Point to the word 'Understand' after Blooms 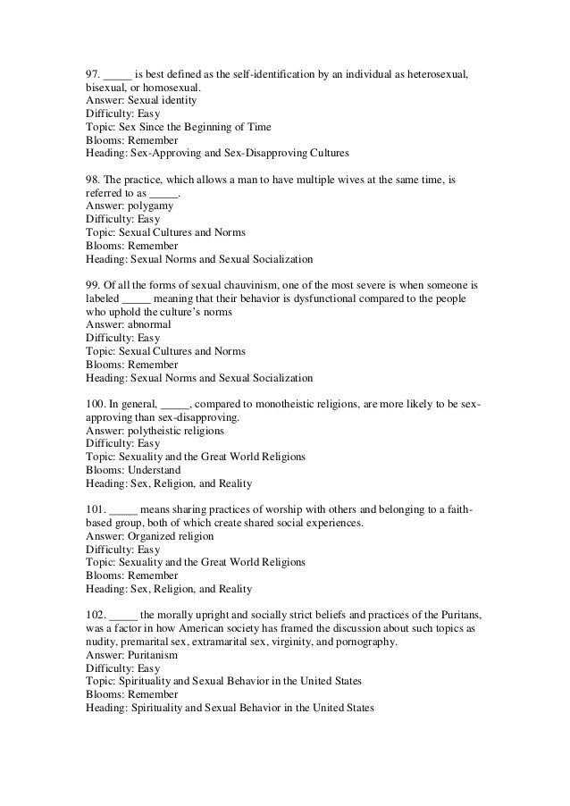[152, 470]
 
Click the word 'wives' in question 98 [332, 180]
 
